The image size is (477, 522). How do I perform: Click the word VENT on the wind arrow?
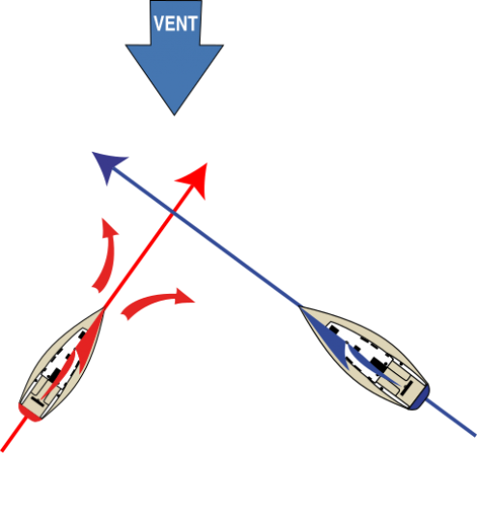pos(176,23)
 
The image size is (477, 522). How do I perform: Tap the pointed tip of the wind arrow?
pos(175,115)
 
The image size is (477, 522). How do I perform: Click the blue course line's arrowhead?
pos(107,165)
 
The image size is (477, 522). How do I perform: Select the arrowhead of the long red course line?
pos(195,179)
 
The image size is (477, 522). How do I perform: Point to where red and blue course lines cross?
pos(173,212)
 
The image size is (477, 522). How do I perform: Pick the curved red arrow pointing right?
pos(156,302)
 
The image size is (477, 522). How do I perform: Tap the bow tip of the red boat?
pos(103,308)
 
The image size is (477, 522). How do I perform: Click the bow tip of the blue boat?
pos(299,306)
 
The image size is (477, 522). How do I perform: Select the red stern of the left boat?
pos(29,413)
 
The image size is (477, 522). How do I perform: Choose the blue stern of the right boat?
pos(420,398)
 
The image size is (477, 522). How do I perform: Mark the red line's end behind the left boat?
pos(2,450)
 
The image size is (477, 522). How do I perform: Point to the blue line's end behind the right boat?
pos(475,435)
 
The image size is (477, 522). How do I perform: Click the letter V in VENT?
pos(159,23)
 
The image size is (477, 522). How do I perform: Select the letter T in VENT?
pos(192,23)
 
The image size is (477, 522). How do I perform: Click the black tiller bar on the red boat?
pos(38,401)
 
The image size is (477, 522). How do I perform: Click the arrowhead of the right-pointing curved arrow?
pos(184,296)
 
